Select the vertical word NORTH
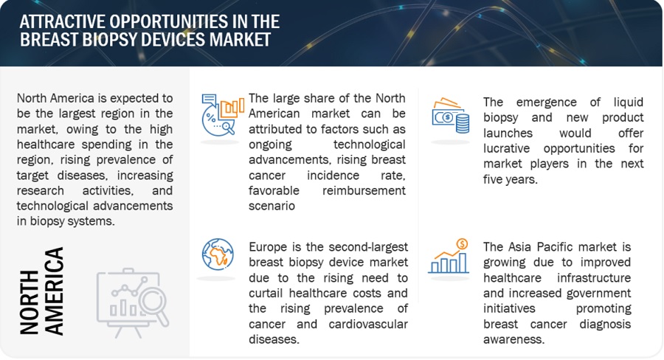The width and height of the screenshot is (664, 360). [30, 302]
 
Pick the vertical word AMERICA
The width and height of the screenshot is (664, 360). [54, 291]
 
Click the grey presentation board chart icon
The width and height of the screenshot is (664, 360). [133, 302]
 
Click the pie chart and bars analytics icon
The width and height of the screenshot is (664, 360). [223, 115]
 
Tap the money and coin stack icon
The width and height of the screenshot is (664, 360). [450, 116]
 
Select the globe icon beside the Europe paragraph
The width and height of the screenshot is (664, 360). [218, 255]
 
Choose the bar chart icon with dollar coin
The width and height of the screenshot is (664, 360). [449, 256]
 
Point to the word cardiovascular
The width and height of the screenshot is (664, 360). [368, 324]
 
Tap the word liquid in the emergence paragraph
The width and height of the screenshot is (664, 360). [629, 102]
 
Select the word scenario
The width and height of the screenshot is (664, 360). [272, 206]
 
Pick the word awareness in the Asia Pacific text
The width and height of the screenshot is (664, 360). [513, 339]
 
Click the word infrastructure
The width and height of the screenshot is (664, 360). [594, 278]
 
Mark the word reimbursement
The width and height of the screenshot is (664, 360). [364, 190]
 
